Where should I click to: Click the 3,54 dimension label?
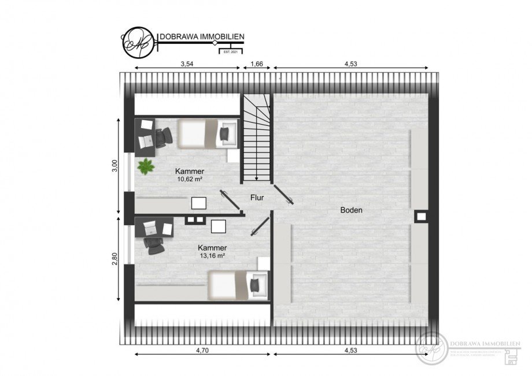click(186, 64)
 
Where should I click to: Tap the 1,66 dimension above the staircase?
click(256, 64)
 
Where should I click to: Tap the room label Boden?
click(351, 210)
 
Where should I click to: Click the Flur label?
click(257, 198)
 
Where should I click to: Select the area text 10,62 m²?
click(190, 179)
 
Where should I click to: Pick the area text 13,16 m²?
click(212, 255)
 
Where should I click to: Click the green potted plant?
click(146, 166)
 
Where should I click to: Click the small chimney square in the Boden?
click(421, 217)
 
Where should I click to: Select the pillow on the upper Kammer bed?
click(224, 134)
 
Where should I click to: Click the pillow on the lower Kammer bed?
click(254, 284)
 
